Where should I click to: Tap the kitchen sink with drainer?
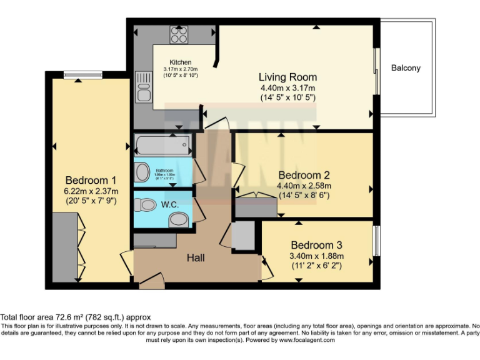143,87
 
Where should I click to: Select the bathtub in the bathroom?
162,146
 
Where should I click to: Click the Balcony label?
406,68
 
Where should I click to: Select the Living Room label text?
287,77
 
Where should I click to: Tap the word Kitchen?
181,62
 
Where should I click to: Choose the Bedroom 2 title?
304,175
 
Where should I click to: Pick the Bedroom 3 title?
316,245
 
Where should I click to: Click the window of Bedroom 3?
376,241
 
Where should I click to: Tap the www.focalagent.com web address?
307,341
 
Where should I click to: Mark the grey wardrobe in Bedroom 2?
255,208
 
